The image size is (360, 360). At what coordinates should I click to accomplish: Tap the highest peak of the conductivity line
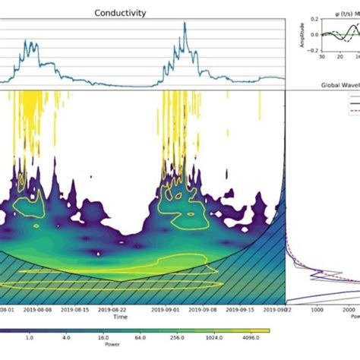click(x=184, y=24)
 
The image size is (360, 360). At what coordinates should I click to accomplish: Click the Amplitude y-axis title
click(x=304, y=34)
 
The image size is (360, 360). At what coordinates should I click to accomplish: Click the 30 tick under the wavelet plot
click(x=322, y=56)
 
